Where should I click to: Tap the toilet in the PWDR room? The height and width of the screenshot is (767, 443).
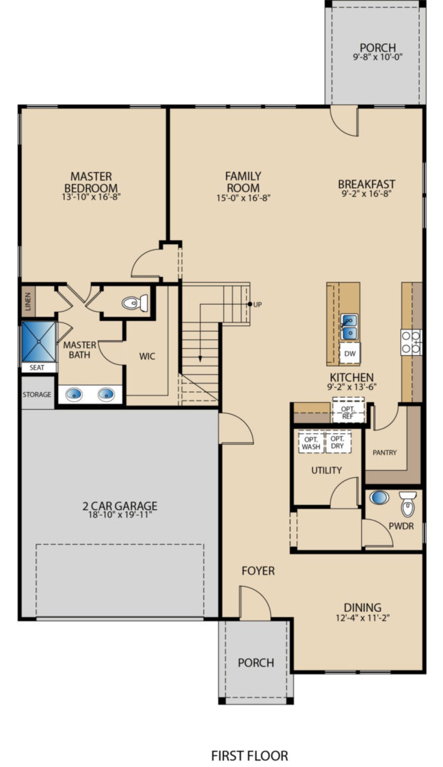point(408,504)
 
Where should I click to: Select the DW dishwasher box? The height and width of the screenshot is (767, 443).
point(350,353)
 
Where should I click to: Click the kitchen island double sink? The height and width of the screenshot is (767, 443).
point(350,327)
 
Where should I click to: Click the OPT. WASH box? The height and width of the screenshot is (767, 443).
point(311,443)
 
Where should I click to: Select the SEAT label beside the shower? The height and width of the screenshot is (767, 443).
point(37,367)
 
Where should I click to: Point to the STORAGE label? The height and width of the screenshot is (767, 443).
point(37,394)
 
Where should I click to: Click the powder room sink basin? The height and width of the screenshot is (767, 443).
point(379,497)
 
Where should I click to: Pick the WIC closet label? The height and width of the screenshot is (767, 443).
point(147,356)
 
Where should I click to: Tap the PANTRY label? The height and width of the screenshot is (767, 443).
point(385,452)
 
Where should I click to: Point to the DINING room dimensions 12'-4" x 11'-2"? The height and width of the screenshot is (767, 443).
point(363,617)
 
